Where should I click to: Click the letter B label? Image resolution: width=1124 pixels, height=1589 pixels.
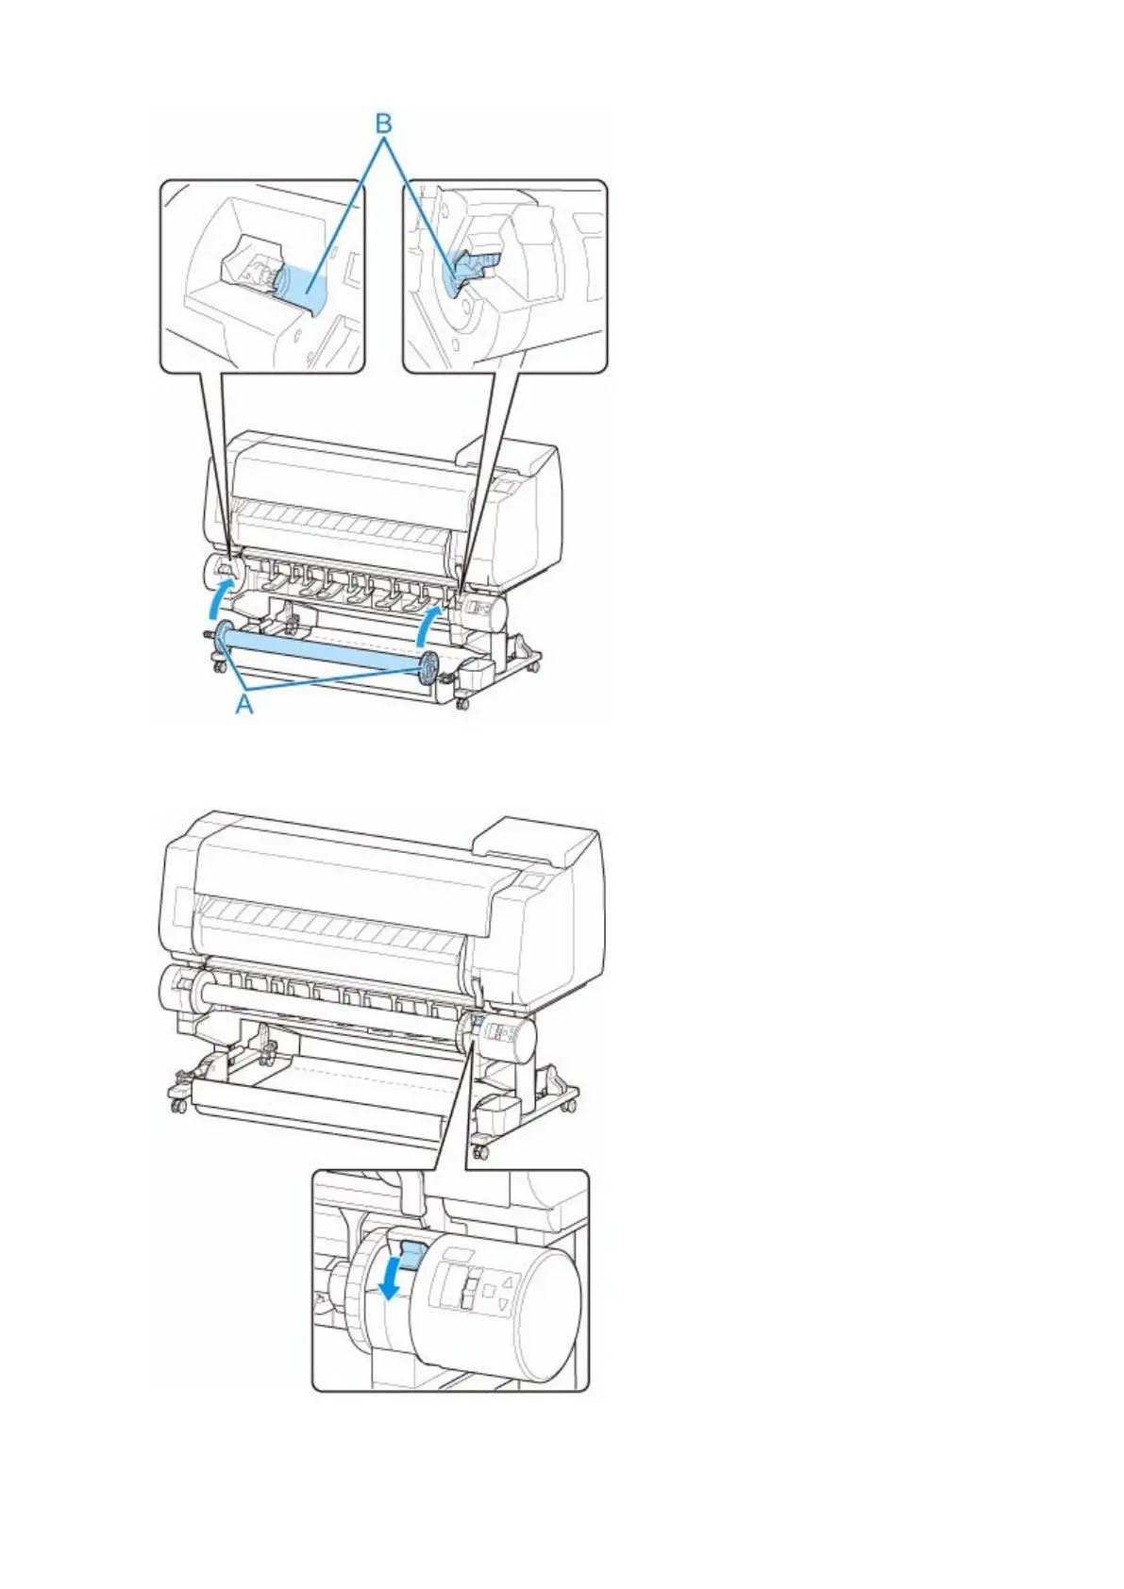tap(383, 124)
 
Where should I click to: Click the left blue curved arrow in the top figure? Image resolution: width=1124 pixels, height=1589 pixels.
tap(219, 597)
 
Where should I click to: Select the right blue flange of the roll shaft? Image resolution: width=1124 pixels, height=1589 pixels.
tap(428, 669)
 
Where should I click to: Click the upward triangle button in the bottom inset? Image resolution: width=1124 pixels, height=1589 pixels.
tap(507, 1281)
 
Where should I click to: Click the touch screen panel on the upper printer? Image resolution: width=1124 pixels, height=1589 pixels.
tap(503, 484)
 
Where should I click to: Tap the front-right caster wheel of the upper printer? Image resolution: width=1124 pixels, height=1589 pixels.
tap(462, 704)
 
